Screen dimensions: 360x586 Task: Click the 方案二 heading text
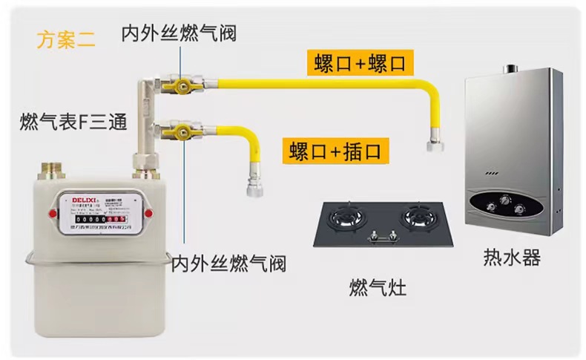coord(66,39)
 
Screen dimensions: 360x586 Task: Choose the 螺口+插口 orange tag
coord(335,151)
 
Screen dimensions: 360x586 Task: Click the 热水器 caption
coord(512,258)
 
